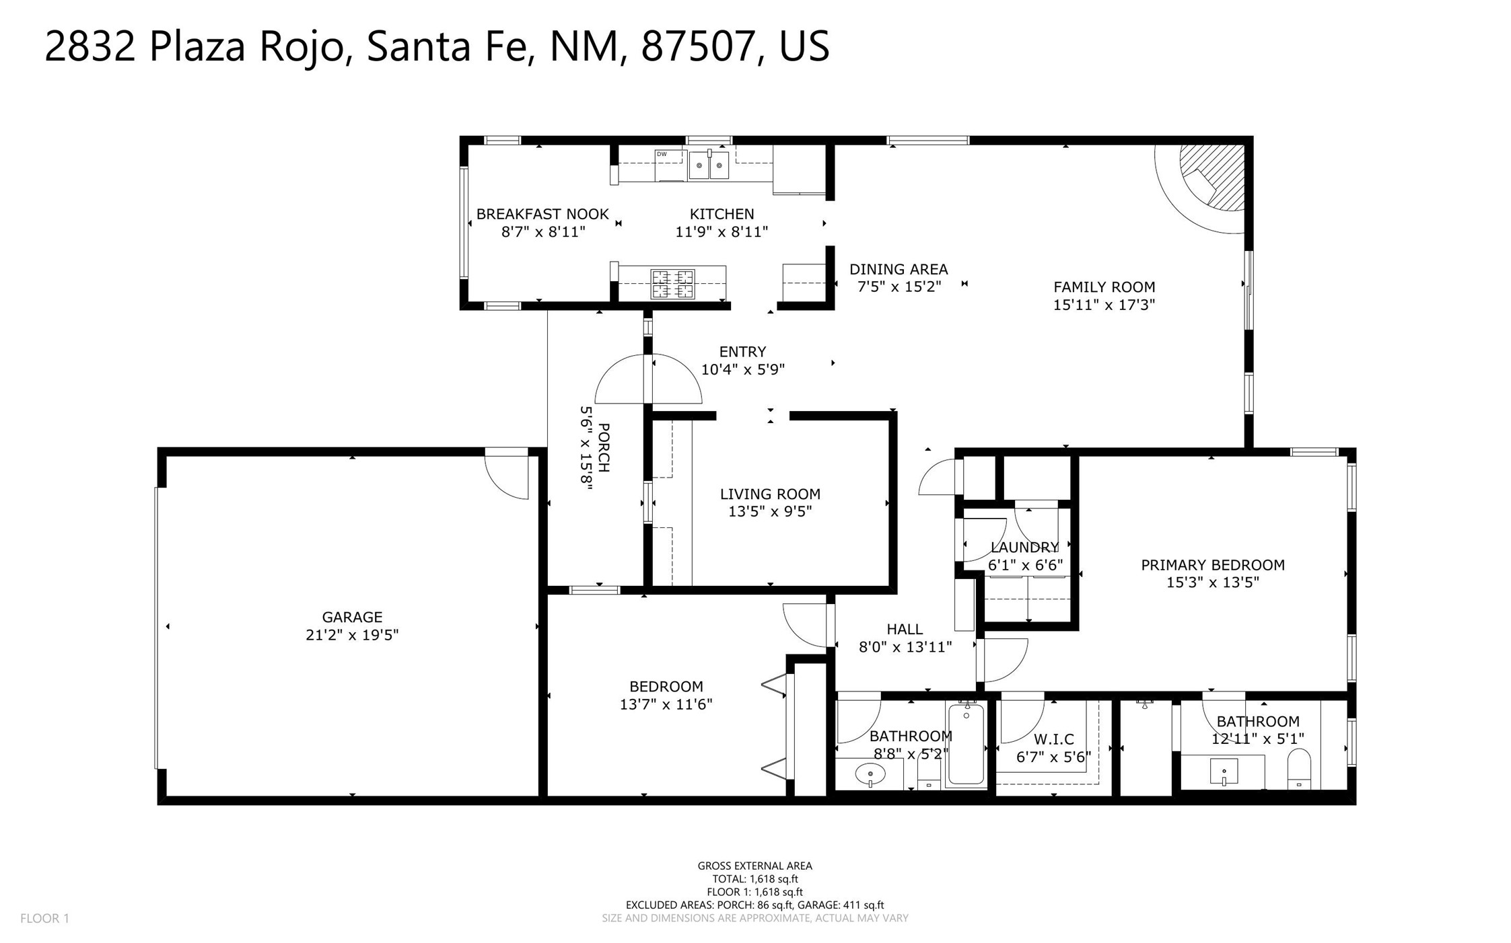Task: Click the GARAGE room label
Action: click(352, 617)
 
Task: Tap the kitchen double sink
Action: click(709, 165)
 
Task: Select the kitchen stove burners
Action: click(672, 283)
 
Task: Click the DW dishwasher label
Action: click(662, 154)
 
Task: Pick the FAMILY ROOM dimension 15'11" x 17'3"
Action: click(1104, 305)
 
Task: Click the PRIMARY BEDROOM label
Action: click(1213, 565)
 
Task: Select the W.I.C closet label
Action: click(1054, 739)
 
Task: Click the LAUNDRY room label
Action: click(1024, 548)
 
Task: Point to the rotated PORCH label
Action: click(604, 447)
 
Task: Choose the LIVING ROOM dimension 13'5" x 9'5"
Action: click(770, 511)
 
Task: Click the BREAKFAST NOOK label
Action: click(542, 214)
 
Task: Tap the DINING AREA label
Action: click(899, 269)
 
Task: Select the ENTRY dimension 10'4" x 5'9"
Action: click(743, 369)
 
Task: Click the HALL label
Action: click(905, 629)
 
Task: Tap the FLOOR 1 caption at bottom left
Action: click(44, 918)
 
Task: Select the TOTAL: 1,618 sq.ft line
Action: click(755, 878)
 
